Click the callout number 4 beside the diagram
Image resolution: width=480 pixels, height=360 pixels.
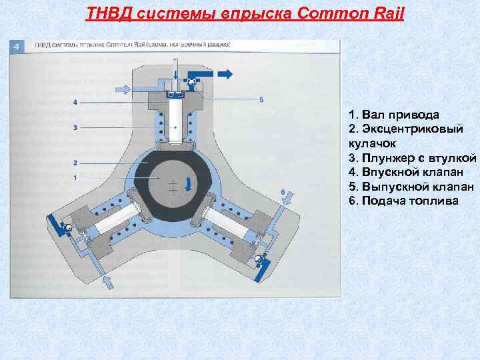click(x=75, y=102)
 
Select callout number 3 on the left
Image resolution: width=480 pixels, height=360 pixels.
click(x=75, y=127)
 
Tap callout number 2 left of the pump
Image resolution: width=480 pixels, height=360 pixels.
click(x=75, y=162)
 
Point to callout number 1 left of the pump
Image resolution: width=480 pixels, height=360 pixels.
click(x=75, y=177)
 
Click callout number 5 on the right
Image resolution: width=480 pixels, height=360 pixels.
click(x=261, y=99)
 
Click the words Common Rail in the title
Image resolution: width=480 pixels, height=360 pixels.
click(x=359, y=13)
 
